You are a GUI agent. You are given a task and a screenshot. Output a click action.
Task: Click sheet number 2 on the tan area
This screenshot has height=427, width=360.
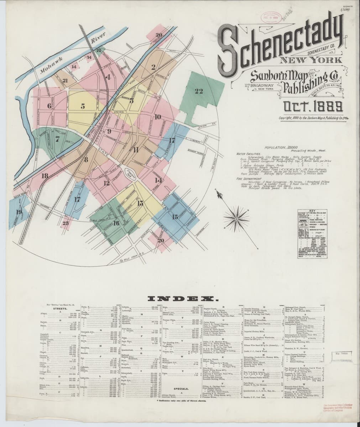pyautogui.click(x=153, y=67)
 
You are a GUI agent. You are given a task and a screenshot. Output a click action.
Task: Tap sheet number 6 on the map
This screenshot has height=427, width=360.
pyautogui.click(x=49, y=106)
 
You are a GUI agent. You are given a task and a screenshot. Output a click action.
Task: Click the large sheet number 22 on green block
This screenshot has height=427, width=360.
pyautogui.click(x=198, y=91)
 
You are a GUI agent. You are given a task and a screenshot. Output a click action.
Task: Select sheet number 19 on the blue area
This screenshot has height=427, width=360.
pyautogui.click(x=19, y=212)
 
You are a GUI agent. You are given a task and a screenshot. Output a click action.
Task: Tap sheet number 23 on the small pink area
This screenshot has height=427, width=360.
pyautogui.click(x=66, y=223)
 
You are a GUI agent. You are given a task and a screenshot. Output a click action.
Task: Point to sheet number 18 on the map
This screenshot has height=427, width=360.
pyautogui.click(x=44, y=176)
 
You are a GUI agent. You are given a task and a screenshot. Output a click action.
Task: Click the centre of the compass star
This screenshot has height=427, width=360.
pyautogui.click(x=235, y=217)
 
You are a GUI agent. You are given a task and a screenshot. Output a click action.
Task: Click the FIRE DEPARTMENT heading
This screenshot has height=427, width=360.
pyautogui.click(x=248, y=179)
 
